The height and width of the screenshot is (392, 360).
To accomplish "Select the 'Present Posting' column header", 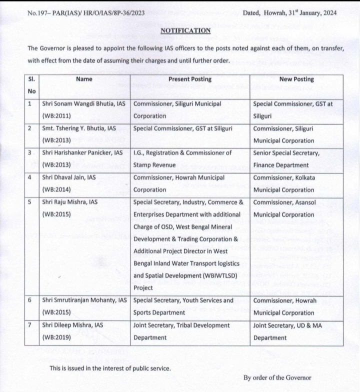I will [189, 79].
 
